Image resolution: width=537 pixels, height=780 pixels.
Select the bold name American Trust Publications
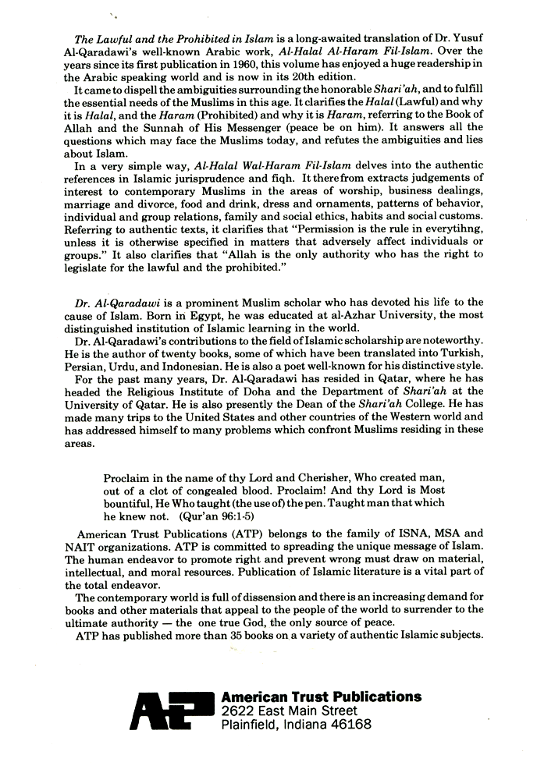click(322, 697)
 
